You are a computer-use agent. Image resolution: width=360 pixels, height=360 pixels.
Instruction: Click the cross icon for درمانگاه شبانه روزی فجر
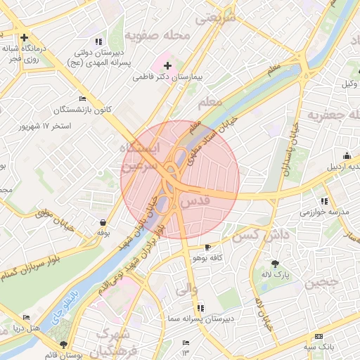click(x=25, y=37)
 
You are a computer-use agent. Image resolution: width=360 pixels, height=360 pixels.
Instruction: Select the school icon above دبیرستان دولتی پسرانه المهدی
click(x=98, y=41)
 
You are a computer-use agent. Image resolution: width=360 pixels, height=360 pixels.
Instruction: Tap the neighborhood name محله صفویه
click(x=158, y=35)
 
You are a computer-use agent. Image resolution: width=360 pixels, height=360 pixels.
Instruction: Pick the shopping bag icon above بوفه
click(x=103, y=222)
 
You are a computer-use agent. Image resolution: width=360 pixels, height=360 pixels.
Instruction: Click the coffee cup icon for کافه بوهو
click(x=207, y=247)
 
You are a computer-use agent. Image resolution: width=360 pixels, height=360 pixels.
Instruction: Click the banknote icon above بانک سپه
click(x=319, y=337)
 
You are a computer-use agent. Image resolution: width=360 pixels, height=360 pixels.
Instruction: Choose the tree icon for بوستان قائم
click(x=65, y=344)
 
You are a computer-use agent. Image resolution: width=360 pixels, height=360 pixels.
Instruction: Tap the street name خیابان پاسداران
click(x=285, y=154)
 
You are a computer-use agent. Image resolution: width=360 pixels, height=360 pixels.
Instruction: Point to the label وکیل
click(x=347, y=84)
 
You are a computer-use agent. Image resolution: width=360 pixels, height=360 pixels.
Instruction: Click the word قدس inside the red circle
click(x=195, y=201)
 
